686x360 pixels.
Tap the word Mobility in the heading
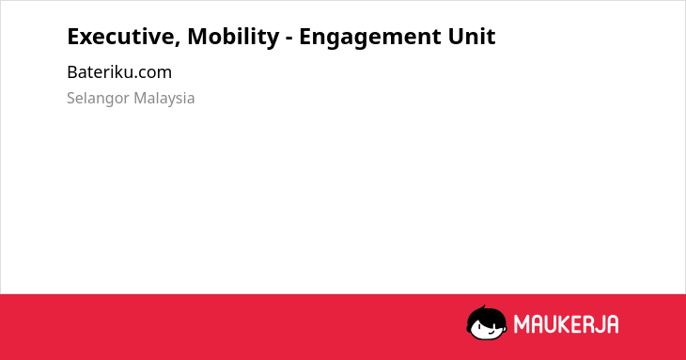point(233,38)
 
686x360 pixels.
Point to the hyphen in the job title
point(289,39)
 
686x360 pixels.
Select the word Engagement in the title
point(369,38)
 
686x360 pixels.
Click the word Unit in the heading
point(472,37)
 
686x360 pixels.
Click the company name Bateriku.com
point(119,72)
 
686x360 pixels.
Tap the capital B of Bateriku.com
point(72,72)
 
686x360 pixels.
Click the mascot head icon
point(487,322)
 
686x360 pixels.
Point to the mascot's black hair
point(485,315)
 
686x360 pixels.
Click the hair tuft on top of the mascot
point(483,308)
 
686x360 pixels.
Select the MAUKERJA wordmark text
point(566,324)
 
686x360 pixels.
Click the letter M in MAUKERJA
point(522,324)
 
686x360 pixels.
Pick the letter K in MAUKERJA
point(563,324)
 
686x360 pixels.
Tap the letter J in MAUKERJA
point(600,324)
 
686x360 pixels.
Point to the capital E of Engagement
point(305,37)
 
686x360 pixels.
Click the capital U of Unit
point(456,38)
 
